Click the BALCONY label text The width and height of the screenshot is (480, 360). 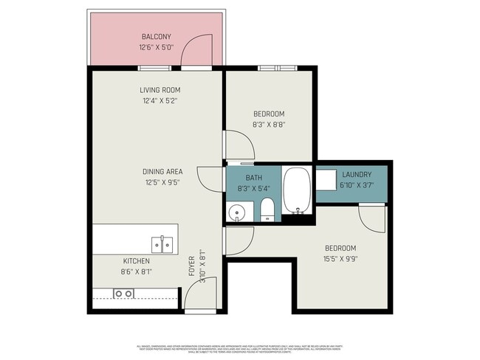click(x=156, y=37)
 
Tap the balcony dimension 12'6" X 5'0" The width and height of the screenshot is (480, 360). click(x=156, y=48)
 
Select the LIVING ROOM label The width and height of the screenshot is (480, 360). click(x=160, y=90)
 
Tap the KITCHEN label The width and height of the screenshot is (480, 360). click(x=136, y=261)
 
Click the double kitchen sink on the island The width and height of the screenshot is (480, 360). click(x=162, y=244)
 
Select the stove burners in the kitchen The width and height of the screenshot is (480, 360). click(x=124, y=294)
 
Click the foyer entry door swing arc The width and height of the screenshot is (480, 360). click(x=200, y=291)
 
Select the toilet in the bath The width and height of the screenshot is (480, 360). click(x=267, y=210)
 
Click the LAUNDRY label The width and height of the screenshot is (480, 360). click(x=356, y=174)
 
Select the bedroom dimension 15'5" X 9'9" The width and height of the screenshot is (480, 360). click(x=340, y=259)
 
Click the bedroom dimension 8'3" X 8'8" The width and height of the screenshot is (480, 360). click(x=269, y=125)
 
